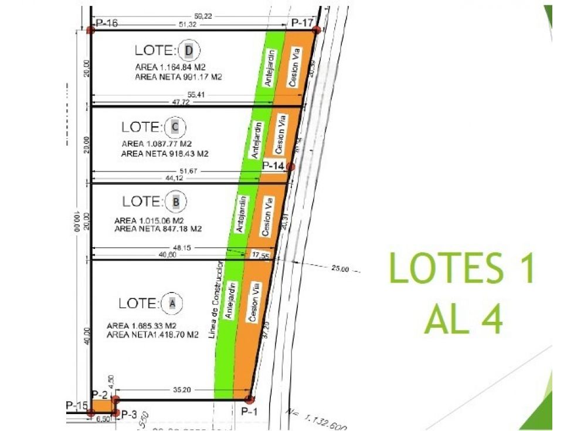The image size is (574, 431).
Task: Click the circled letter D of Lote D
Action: click(188, 50)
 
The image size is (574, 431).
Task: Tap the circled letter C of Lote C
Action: click(175, 126)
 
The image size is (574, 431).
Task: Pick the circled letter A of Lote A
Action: click(172, 303)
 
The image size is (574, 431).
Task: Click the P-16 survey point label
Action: click(107, 23)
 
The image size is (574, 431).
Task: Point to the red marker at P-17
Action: click(315, 29)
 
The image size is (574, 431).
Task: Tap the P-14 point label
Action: click(273, 166)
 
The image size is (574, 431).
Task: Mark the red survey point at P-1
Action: click(249, 400)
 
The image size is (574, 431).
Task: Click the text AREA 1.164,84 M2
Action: click(173, 68)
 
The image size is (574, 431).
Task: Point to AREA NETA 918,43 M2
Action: click(165, 153)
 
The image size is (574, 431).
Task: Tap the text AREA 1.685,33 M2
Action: click(150, 325)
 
